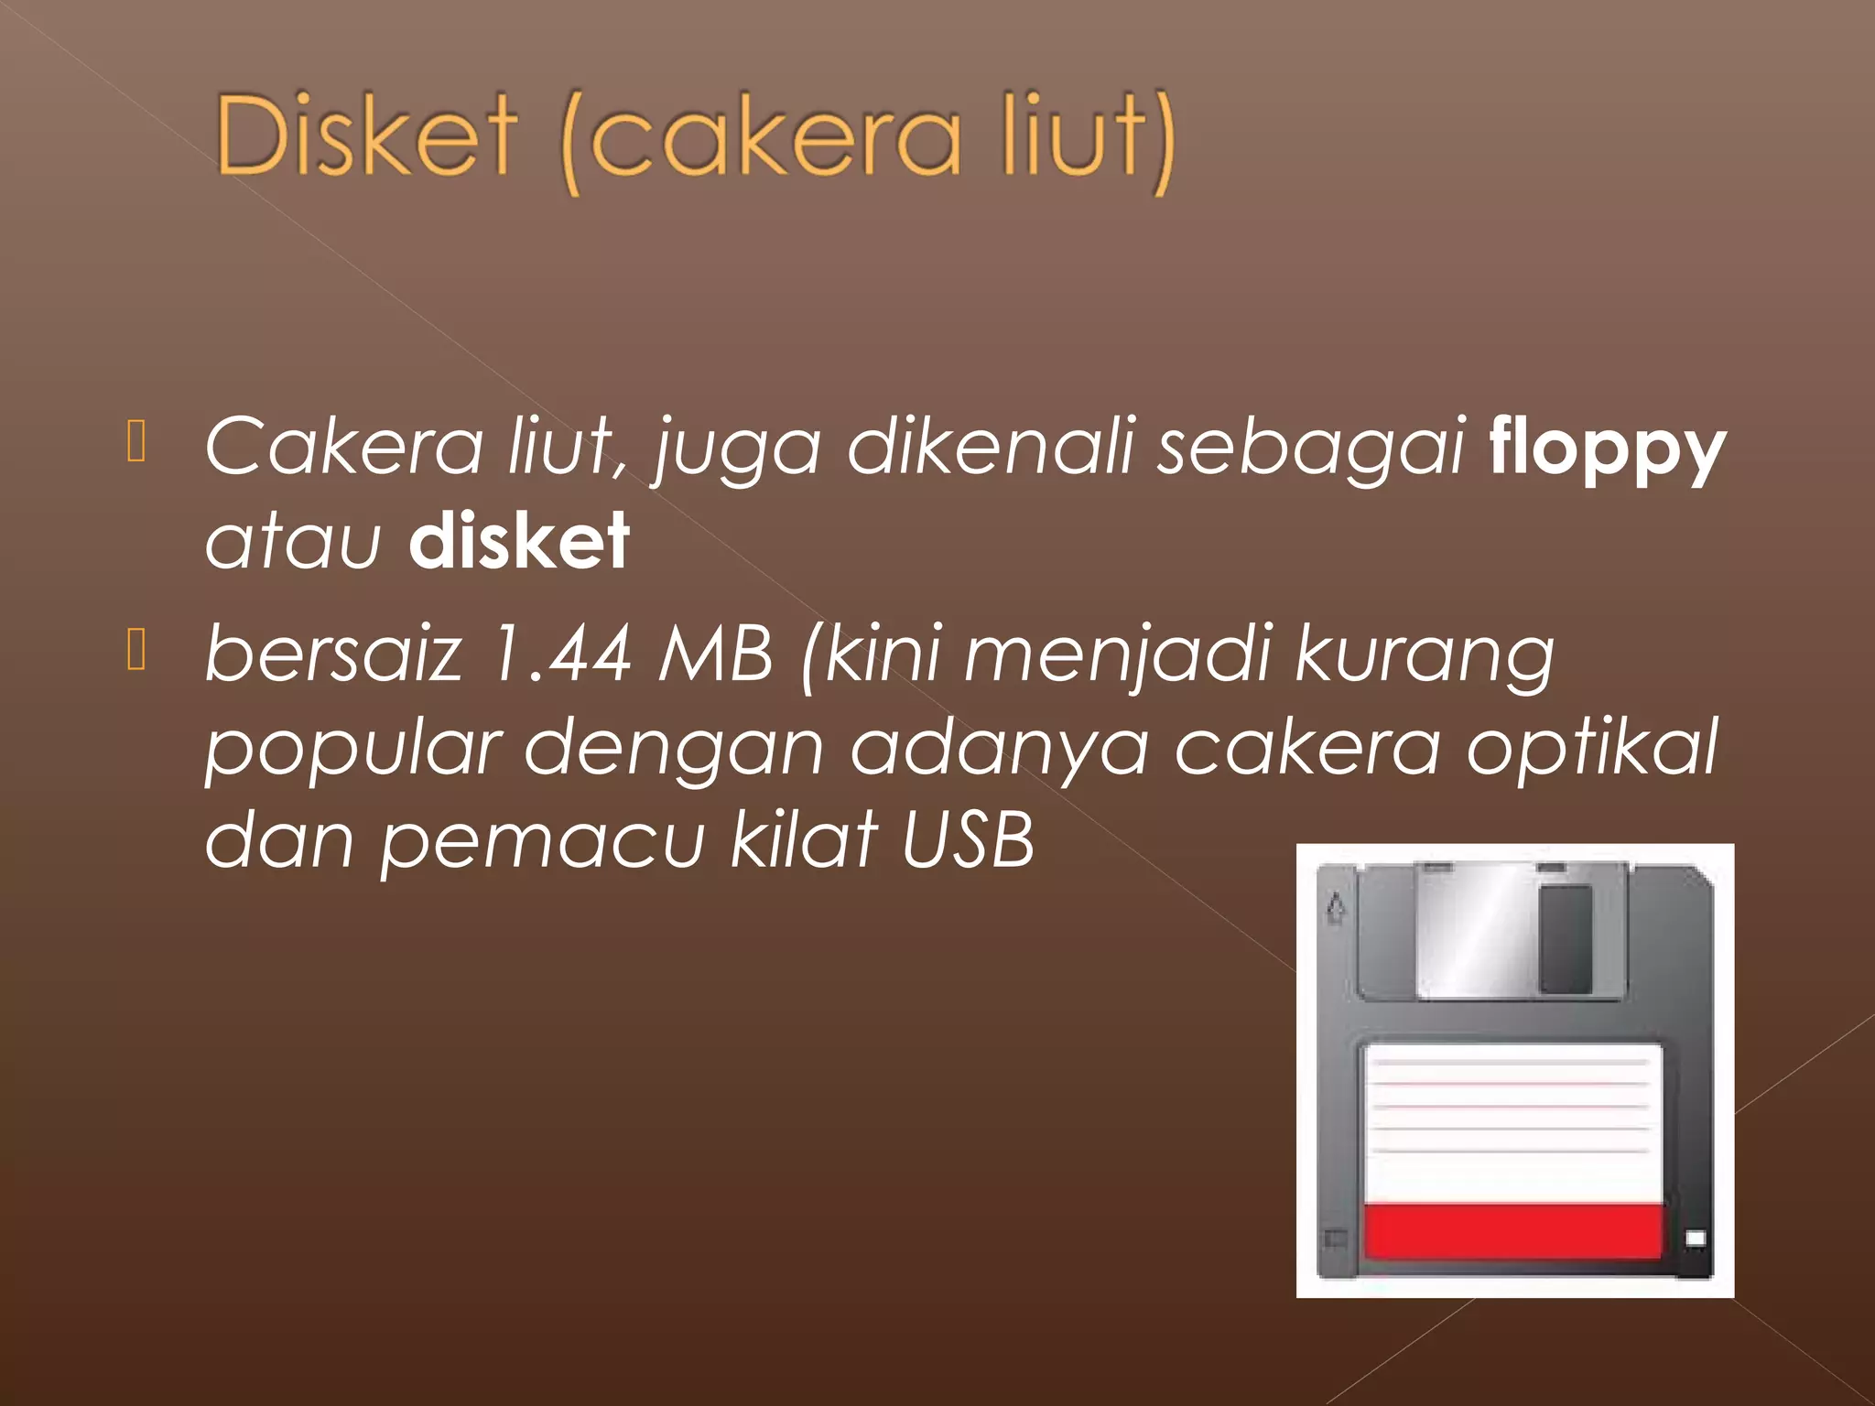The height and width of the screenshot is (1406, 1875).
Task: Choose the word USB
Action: coord(968,839)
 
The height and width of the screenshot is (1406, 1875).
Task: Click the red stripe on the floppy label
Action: coord(1512,1231)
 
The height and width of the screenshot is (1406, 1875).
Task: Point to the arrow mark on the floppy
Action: coord(1336,907)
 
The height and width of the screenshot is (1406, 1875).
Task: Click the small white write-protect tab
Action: coord(1695,1238)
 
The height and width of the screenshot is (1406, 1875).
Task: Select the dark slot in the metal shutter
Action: coord(1566,938)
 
